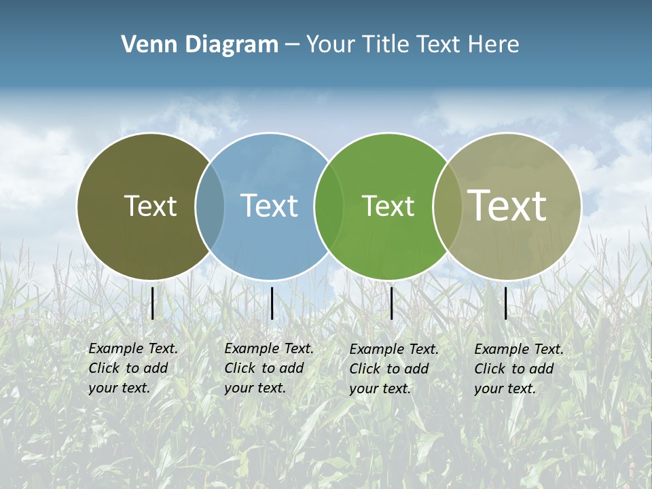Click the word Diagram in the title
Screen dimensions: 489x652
tap(231, 45)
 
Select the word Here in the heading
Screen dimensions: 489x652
tap(494, 45)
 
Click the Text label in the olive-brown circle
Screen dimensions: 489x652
tap(150, 206)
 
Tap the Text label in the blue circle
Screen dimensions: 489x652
tap(269, 206)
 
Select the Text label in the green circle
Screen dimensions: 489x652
tap(388, 206)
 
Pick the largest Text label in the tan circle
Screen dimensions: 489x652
tap(507, 205)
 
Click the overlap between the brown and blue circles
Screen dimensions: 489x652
tap(210, 206)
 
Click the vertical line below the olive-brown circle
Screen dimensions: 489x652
tap(152, 303)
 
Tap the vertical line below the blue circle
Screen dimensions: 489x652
tap(272, 303)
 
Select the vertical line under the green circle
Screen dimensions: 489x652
tap(392, 303)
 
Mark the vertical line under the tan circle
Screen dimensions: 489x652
tap(506, 303)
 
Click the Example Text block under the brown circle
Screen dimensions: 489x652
tap(132, 368)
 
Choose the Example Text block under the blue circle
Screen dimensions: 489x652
tap(268, 368)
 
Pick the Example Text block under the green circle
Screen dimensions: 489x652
tap(393, 369)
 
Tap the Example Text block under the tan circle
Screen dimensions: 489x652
tap(518, 369)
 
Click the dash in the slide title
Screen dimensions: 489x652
tap(292, 45)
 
